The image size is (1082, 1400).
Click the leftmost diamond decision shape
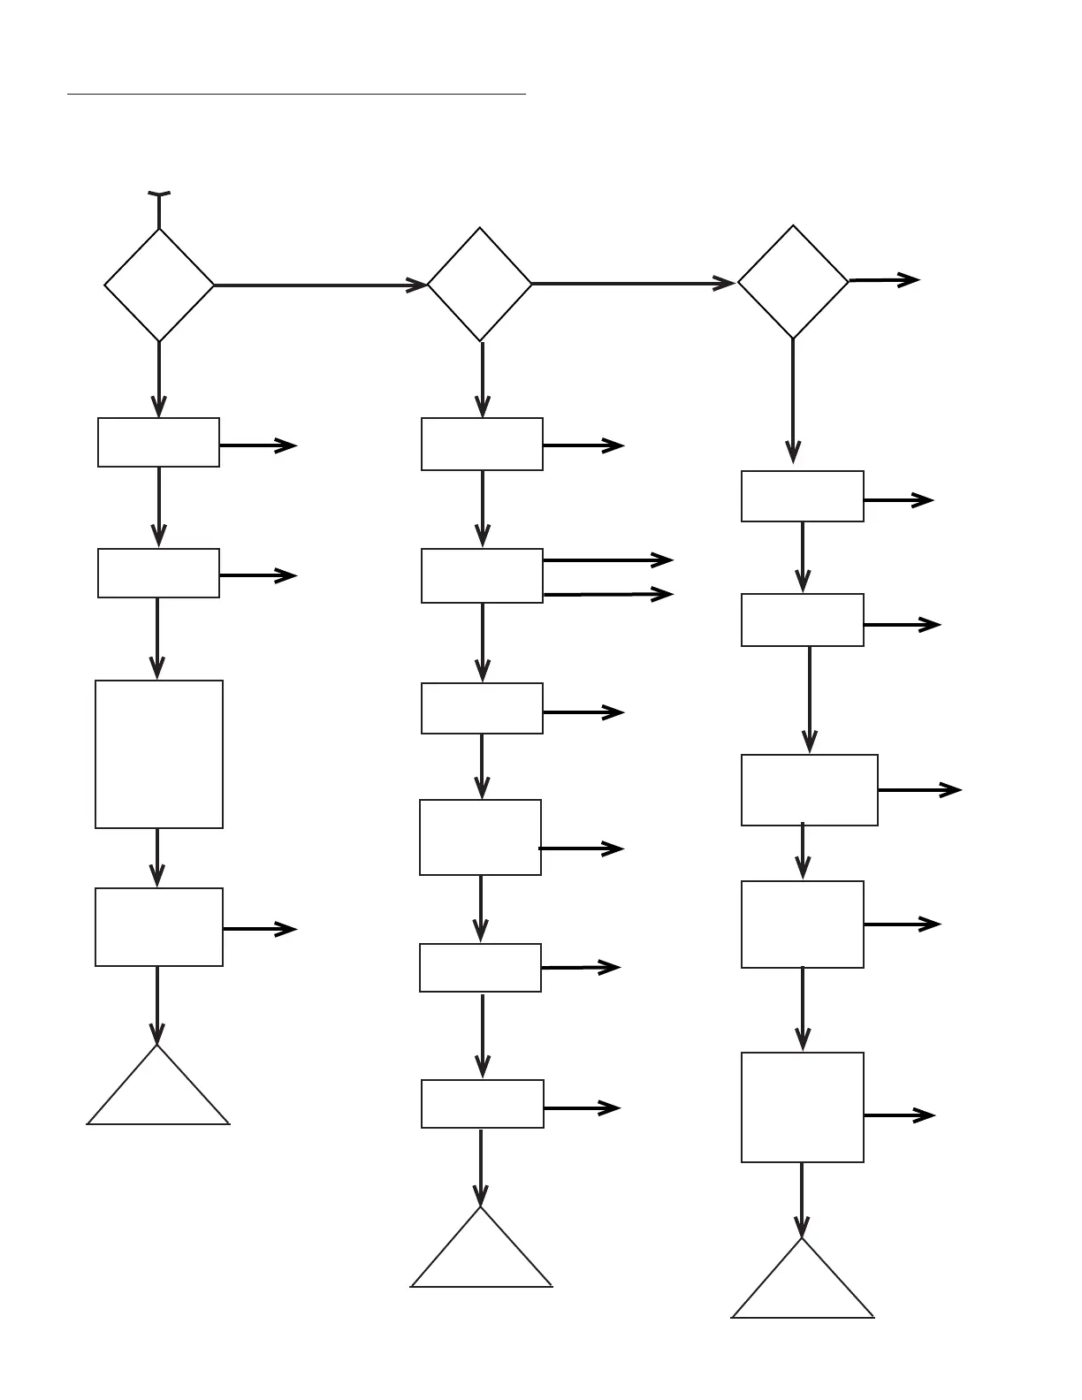pyautogui.click(x=159, y=285)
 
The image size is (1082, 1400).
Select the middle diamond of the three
pyautogui.click(x=480, y=285)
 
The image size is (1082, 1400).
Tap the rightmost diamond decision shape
pyautogui.click(x=793, y=282)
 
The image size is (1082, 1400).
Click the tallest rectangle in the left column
pyautogui.click(x=159, y=754)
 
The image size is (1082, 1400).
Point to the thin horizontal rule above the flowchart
pyautogui.click(x=296, y=93)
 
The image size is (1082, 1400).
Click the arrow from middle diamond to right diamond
pyautogui.click(x=633, y=284)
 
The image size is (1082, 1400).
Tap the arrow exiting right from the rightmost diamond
pyautogui.click(x=884, y=280)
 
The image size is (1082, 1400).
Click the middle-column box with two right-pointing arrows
pyautogui.click(x=482, y=575)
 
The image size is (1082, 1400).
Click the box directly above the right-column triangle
pyautogui.click(x=802, y=1107)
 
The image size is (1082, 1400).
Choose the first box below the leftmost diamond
pyautogui.click(x=158, y=442)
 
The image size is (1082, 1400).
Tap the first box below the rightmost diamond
pyautogui.click(x=802, y=496)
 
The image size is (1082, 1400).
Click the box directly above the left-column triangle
pyautogui.click(x=159, y=926)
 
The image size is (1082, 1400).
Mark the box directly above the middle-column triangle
pyautogui.click(x=482, y=1103)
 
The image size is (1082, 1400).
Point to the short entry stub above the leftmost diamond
pyautogui.click(x=159, y=209)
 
